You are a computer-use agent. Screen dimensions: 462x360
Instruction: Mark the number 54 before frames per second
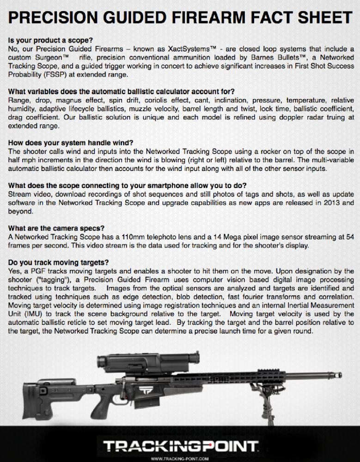(349, 237)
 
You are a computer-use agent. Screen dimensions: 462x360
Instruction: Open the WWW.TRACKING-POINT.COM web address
(180, 458)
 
